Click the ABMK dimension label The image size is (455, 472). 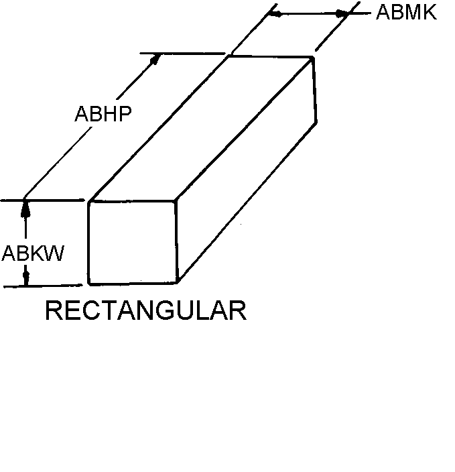click(406, 12)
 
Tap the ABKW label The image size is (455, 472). click(32, 253)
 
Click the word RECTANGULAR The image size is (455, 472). click(145, 311)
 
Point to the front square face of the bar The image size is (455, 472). click(132, 241)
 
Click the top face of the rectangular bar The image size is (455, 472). click(201, 127)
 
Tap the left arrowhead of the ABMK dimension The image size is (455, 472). click(275, 13)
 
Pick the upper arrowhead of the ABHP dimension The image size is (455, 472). click(156, 59)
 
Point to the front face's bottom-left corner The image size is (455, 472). click(89, 284)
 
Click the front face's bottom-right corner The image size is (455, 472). click(176, 282)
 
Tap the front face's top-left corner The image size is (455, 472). click(89, 201)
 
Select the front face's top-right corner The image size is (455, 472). click(176, 200)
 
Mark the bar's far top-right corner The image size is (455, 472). click(313, 58)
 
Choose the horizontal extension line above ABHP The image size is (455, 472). click(181, 53)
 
